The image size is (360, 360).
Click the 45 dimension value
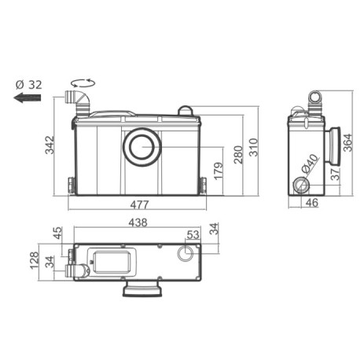click(x=57, y=234)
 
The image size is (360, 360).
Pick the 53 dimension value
click(x=192, y=235)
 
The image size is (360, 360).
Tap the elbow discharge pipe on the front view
click(x=75, y=100)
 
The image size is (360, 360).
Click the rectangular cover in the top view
click(x=110, y=261)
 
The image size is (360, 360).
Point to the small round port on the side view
click(x=303, y=187)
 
